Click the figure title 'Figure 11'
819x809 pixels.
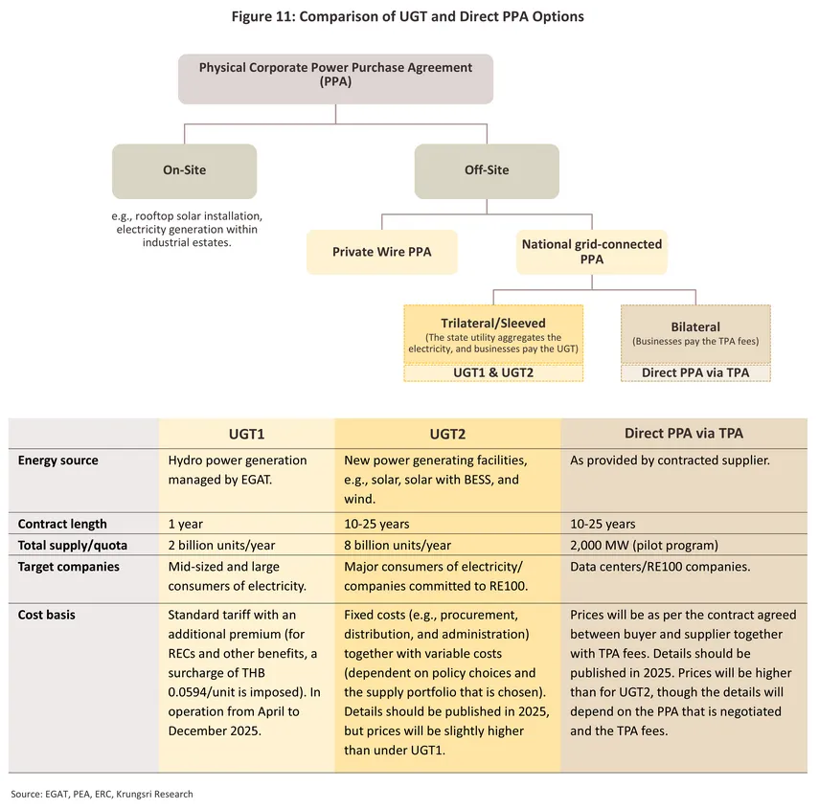[x=407, y=16]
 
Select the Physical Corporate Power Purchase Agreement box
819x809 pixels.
[x=335, y=76]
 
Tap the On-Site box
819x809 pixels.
[x=184, y=170]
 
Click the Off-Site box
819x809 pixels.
[x=486, y=170]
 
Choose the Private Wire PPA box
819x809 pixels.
[x=381, y=252]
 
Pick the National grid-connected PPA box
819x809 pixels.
[x=591, y=252]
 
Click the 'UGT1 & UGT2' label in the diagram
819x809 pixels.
[x=493, y=372]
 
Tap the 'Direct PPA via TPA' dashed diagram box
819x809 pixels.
[x=695, y=372]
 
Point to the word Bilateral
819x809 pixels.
[x=695, y=326]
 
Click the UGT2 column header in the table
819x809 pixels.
[x=446, y=434]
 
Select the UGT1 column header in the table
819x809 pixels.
[x=245, y=434]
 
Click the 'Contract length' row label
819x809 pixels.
[x=62, y=524]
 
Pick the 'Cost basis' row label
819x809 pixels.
[x=47, y=615]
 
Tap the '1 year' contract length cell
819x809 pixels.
[x=186, y=524]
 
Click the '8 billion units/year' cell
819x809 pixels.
[x=397, y=545]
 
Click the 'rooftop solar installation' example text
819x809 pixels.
[x=186, y=216]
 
